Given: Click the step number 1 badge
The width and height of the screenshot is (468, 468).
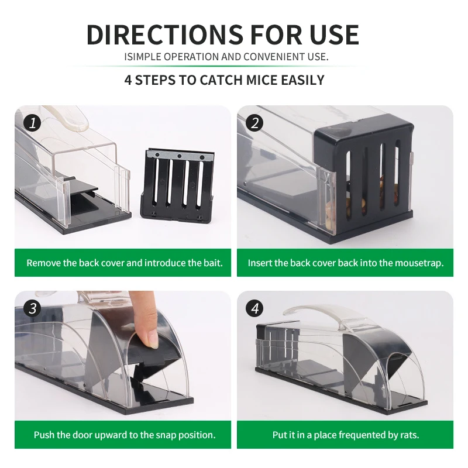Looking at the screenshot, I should click(x=33, y=123).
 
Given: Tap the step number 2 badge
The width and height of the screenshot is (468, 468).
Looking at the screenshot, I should click(x=255, y=123).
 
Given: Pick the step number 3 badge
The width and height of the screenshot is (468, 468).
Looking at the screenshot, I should click(x=33, y=308).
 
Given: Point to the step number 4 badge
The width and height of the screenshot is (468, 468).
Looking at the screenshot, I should click(x=255, y=308).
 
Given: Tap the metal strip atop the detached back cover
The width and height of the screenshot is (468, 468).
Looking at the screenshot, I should click(x=179, y=156).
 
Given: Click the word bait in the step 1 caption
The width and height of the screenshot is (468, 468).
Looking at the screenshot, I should click(x=212, y=263).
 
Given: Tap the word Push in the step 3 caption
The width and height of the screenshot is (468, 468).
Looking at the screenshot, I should click(x=44, y=435).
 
